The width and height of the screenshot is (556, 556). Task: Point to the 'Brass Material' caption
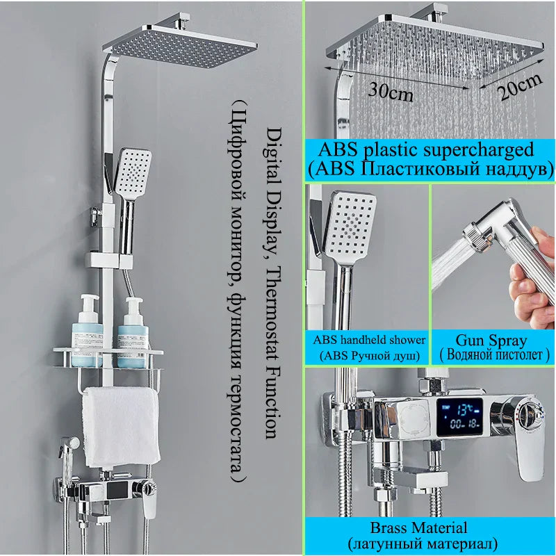tap(428, 528)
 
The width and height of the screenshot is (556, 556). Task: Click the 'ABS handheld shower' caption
tap(369, 340)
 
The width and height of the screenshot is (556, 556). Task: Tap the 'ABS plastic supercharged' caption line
tap(425, 149)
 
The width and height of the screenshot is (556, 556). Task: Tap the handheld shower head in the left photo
tap(133, 171)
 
